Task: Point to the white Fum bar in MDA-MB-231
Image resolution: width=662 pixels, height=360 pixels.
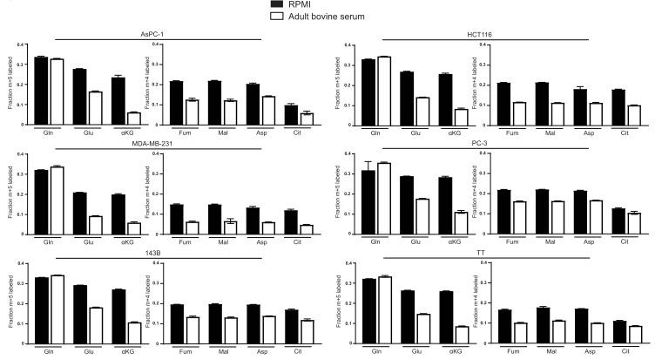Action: (192, 228)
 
